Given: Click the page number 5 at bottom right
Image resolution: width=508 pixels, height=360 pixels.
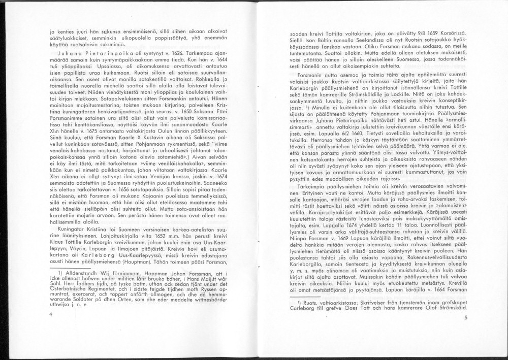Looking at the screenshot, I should coord(465,318).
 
